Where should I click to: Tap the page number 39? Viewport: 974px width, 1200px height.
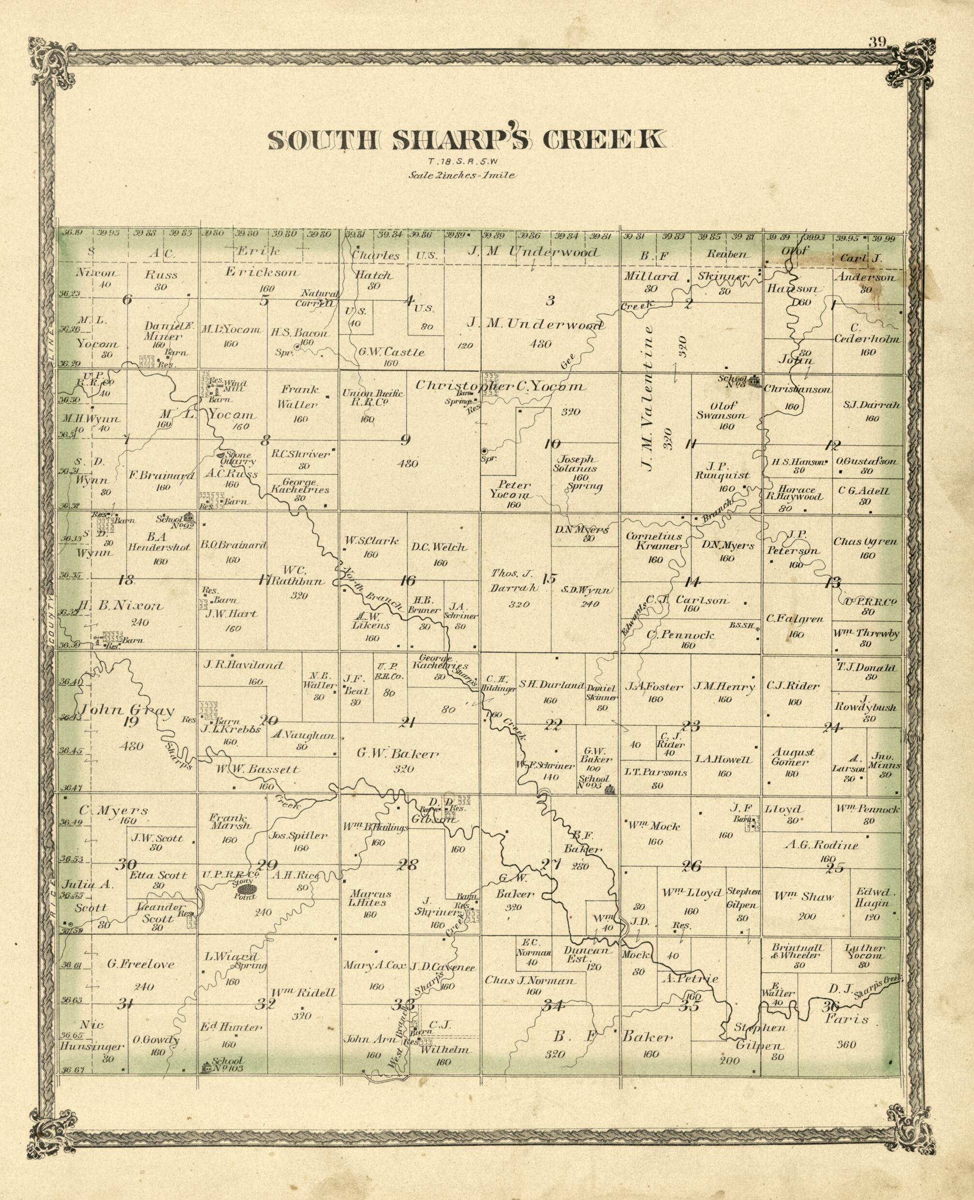point(877,42)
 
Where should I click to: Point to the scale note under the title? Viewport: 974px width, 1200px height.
point(462,175)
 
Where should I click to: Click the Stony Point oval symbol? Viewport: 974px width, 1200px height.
point(246,889)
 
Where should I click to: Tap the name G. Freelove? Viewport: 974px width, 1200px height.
point(141,964)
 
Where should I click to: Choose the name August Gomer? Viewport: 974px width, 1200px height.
point(793,757)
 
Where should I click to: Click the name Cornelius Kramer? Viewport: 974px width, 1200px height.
point(654,541)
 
